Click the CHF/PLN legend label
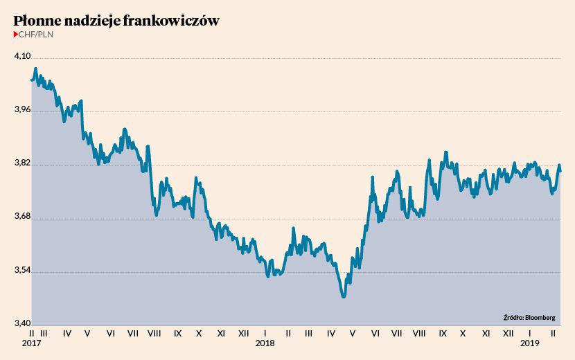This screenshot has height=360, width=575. click(x=35, y=34)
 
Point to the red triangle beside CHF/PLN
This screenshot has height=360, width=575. click(x=16, y=34)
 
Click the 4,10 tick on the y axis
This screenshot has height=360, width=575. click(x=22, y=57)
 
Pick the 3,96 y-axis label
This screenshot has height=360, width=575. click(x=22, y=110)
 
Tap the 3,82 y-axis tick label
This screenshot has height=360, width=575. click(x=22, y=164)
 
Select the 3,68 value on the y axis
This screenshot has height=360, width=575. click(x=22, y=217)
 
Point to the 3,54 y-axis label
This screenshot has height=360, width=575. click(x=22, y=271)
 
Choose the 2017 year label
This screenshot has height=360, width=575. click(x=31, y=343)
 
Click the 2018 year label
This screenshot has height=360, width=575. click(x=265, y=343)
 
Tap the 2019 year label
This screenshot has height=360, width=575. click(x=530, y=343)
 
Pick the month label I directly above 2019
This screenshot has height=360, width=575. click(x=530, y=334)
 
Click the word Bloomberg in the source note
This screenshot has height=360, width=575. click(x=540, y=318)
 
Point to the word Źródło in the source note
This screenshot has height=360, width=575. click(x=513, y=318)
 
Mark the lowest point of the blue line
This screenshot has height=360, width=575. click(x=343, y=296)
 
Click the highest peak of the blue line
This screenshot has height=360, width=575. click(x=35, y=69)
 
